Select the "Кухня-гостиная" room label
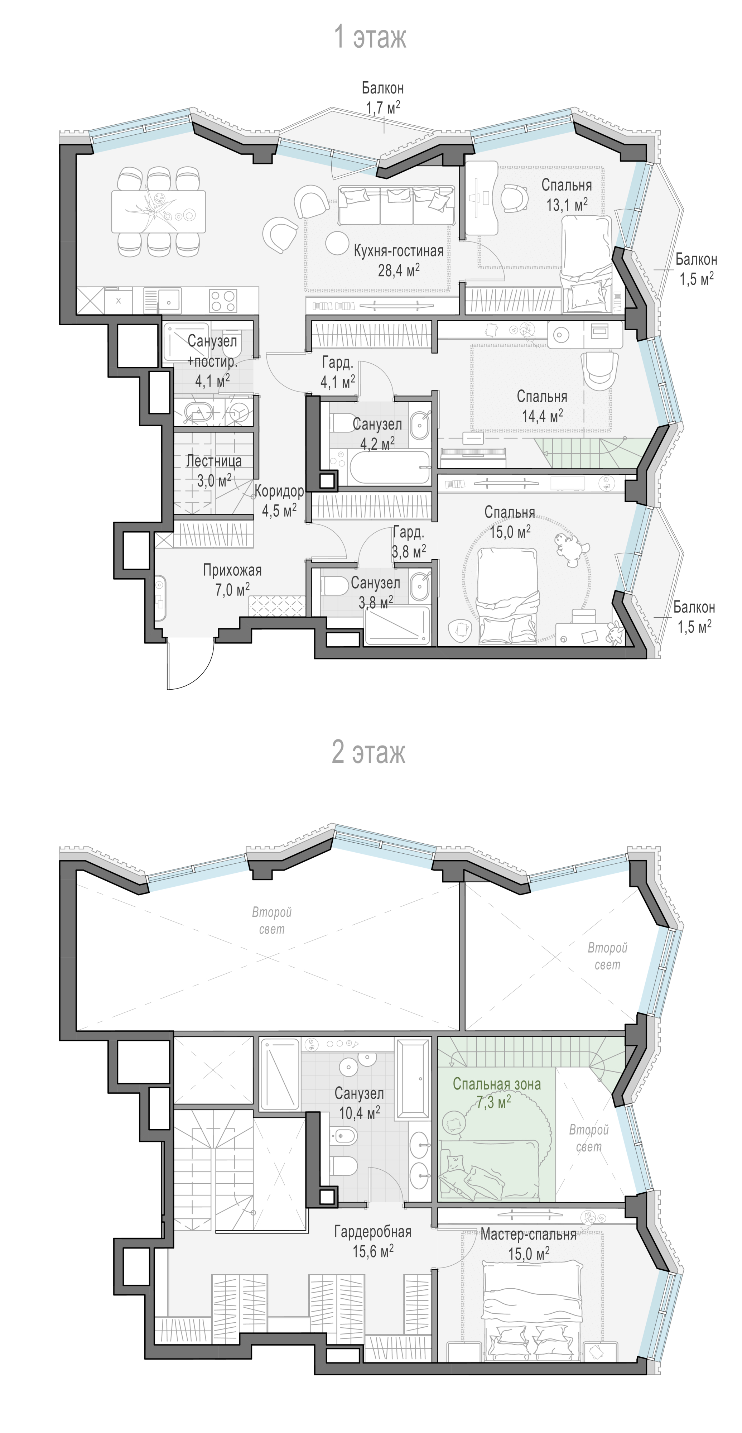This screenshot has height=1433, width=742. coord(399,251)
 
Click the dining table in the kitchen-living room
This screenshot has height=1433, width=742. coord(159,211)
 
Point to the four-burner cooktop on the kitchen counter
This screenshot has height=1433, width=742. coord(223,301)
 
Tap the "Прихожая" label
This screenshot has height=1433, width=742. coord(232,570)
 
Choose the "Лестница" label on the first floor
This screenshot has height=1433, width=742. coord(214,461)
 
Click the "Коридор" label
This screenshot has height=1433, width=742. coord(279,491)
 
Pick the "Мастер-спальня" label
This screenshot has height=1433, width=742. coord(529,1234)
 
